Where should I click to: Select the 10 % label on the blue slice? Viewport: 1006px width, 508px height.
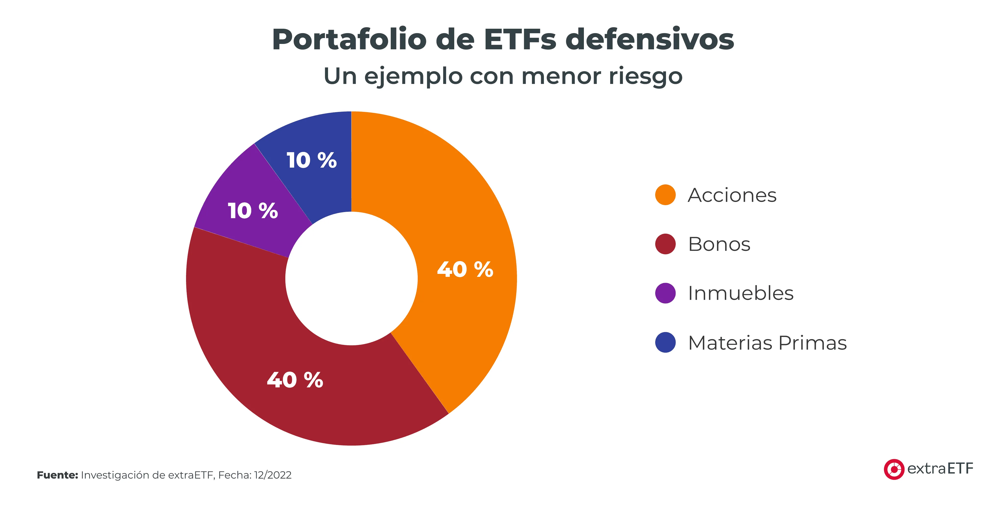pos(311,160)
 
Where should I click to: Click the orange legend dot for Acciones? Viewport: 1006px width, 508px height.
pos(665,195)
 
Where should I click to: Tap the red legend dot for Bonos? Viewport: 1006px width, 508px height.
pos(665,244)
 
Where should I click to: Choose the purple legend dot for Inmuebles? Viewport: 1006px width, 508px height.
pos(665,293)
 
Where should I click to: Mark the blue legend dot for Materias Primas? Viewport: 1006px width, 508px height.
pos(665,343)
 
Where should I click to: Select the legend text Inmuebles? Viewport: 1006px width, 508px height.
pos(741,293)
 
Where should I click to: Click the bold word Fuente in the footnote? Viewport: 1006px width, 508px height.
pos(57,475)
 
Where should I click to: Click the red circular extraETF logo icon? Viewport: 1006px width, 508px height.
pos(894,469)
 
